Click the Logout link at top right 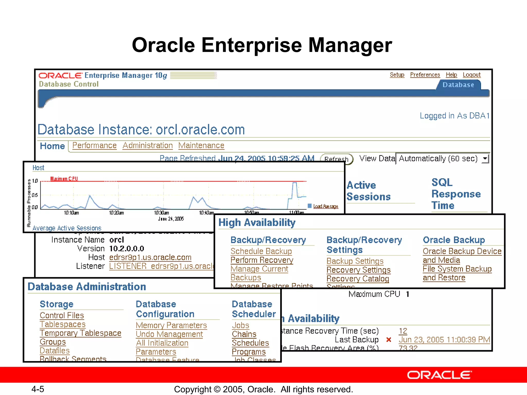[471, 75]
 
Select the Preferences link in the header [425, 75]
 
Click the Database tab [458, 85]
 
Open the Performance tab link [94, 146]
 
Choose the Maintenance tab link [201, 146]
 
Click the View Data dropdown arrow [485, 158]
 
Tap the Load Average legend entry [325, 206]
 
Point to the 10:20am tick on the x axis [116, 213]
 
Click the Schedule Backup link [261, 251]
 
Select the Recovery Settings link [358, 270]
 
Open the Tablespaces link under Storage [63, 324]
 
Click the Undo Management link [169, 334]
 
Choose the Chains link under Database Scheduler [244, 334]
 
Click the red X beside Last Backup [389, 340]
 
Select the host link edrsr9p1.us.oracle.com [150, 257]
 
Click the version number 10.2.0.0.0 [127, 249]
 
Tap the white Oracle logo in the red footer [440, 375]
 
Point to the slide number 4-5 [38, 389]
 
